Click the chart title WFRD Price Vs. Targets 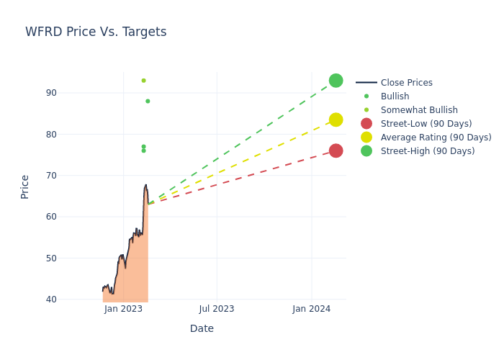click(x=96, y=32)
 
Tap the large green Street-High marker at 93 click(x=336, y=81)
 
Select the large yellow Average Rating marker click(x=336, y=120)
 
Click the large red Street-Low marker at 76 click(x=336, y=150)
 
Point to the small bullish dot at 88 click(x=148, y=101)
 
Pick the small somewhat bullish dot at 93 click(x=143, y=81)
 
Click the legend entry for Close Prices click(x=406, y=83)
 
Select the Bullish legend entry click(x=395, y=96)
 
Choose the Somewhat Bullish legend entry click(x=419, y=110)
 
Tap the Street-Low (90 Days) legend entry click(x=426, y=124)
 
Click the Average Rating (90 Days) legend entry click(x=436, y=138)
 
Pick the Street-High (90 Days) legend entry click(x=427, y=151)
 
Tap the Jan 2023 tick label click(x=123, y=309)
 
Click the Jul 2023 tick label click(x=216, y=309)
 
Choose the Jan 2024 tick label click(x=311, y=309)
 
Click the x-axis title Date click(x=202, y=328)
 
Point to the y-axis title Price click(x=25, y=186)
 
